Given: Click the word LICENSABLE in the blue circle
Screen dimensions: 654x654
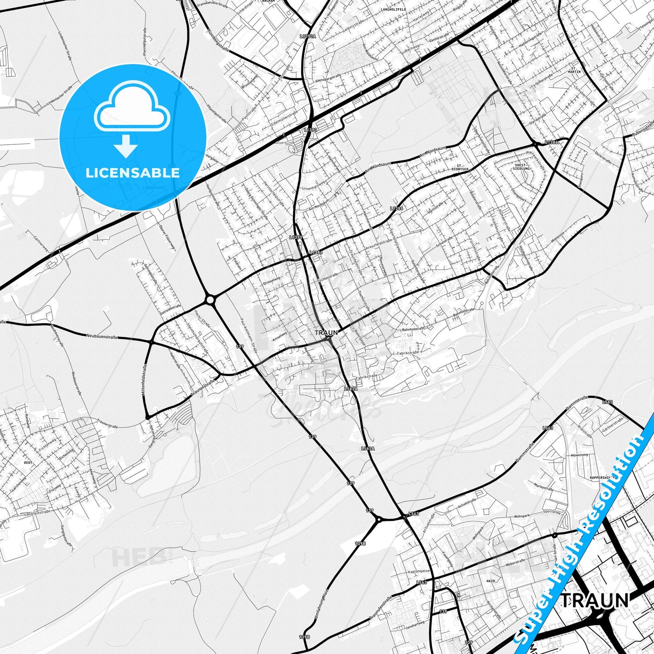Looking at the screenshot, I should (x=133, y=173).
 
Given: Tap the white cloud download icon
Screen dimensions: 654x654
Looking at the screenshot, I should (x=132, y=119).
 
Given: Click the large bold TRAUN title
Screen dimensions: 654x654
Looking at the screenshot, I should (x=595, y=601).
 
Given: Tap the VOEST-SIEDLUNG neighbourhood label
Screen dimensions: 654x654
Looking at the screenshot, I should (x=522, y=167).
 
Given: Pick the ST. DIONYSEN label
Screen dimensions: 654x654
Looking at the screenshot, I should (x=462, y=167).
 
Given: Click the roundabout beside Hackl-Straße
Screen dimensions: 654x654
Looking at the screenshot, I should (x=210, y=299).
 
